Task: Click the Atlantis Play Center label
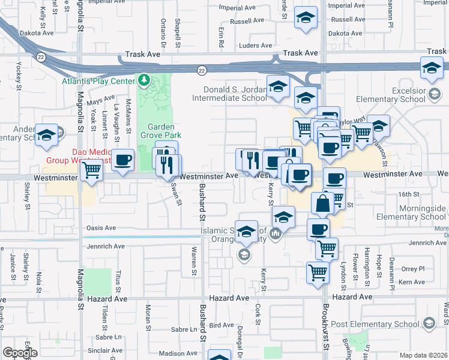100,80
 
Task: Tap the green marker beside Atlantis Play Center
144,80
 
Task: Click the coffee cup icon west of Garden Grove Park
123,160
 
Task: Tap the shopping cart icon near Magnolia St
91,171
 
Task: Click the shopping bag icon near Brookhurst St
322,203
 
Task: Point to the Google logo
20,353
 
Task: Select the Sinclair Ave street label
105,350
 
